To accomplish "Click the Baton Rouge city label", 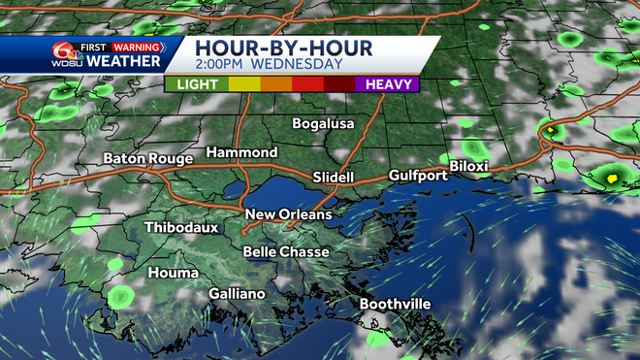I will (x=148, y=158).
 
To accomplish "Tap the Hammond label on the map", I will (x=241, y=153).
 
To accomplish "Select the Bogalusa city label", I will (x=324, y=124).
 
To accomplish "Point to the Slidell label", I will (x=335, y=178).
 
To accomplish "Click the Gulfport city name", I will (x=418, y=176).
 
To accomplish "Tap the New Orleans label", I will (x=288, y=214).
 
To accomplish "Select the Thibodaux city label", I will (x=181, y=228).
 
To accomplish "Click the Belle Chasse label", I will (x=286, y=251).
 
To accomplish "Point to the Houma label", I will (x=173, y=273).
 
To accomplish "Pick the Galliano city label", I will (x=237, y=294).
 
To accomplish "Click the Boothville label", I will (x=396, y=304).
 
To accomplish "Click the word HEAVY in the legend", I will (x=386, y=84).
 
